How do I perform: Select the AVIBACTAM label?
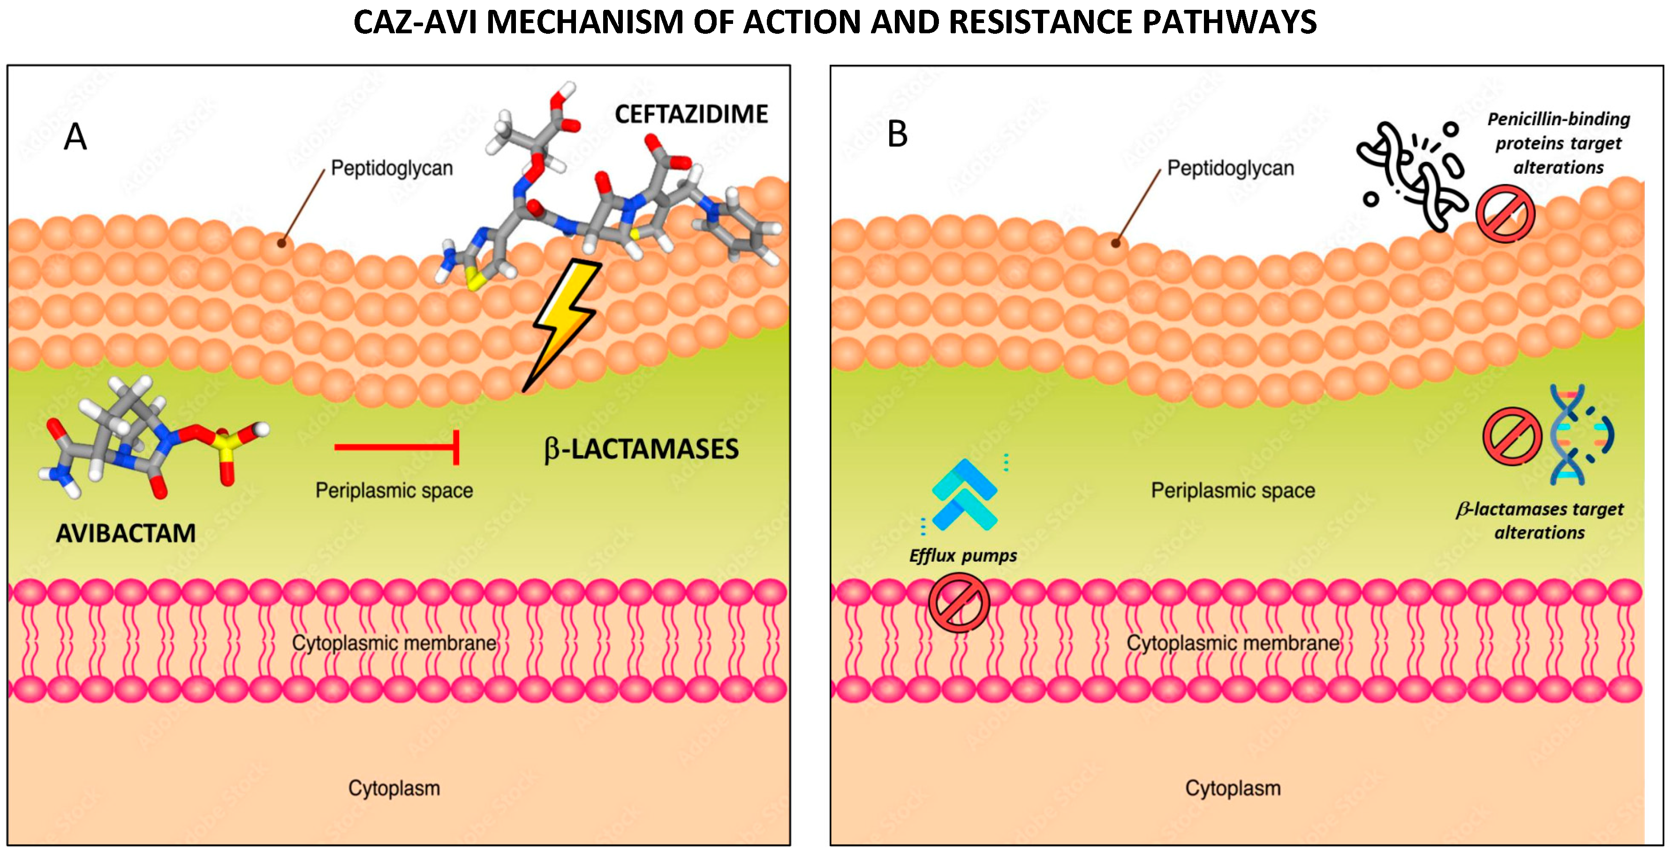pyautogui.click(x=125, y=533)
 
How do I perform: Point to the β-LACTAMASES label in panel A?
pyautogui.click(x=641, y=449)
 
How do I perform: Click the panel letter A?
pyautogui.click(x=76, y=137)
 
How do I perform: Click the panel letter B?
pyautogui.click(x=897, y=135)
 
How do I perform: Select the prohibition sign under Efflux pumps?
pyautogui.click(x=959, y=603)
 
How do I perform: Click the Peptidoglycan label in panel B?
pyautogui.click(x=1230, y=168)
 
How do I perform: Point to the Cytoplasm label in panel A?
pyautogui.click(x=394, y=788)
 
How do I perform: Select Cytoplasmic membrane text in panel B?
pyautogui.click(x=1233, y=643)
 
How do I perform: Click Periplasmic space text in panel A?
pyautogui.click(x=394, y=491)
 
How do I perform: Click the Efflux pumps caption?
pyautogui.click(x=962, y=556)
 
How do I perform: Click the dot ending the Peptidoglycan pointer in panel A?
pyautogui.click(x=281, y=243)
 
